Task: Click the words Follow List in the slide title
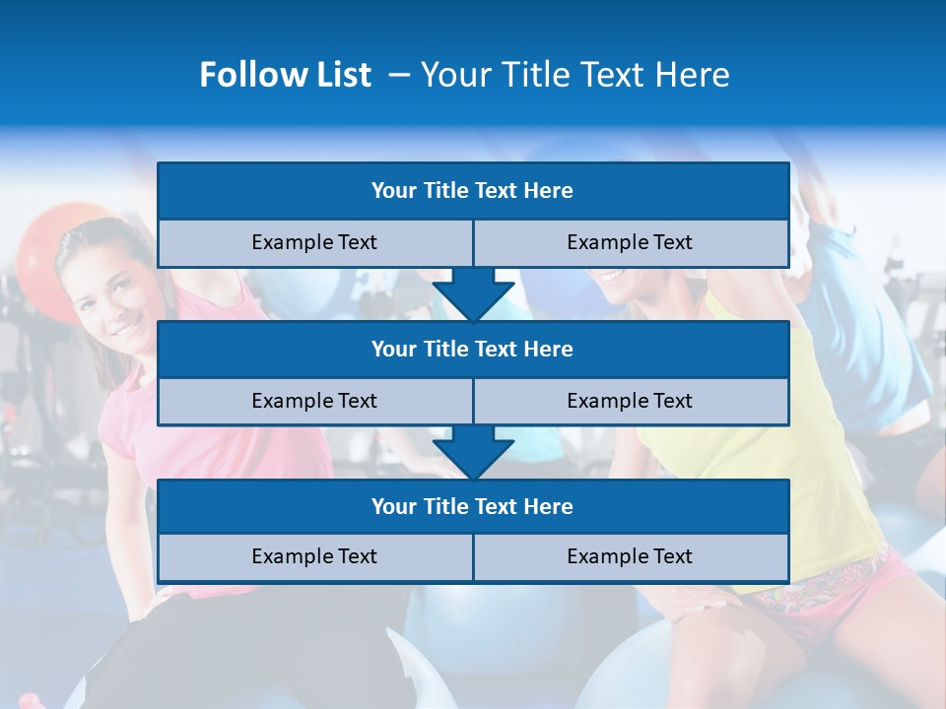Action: pos(285,75)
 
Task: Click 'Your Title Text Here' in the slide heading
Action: pos(574,75)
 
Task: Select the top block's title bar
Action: pos(473,191)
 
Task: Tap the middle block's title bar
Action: pos(473,350)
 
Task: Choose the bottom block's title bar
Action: pos(473,507)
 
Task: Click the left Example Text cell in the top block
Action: pos(315,243)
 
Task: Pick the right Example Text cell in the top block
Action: pos(631,243)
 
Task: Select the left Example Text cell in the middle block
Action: pos(315,402)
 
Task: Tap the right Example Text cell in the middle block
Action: pos(631,402)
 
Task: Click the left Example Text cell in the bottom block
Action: pos(315,557)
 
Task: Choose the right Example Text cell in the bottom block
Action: pos(631,557)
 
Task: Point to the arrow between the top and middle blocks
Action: pos(473,293)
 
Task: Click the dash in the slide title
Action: pos(399,75)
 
